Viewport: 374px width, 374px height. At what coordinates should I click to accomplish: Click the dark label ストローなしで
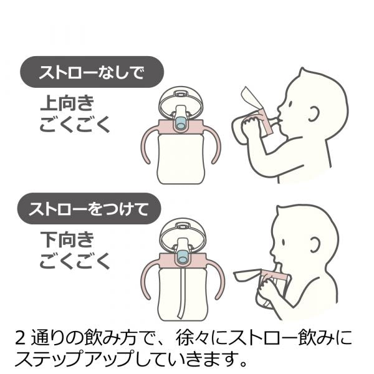pos(92,72)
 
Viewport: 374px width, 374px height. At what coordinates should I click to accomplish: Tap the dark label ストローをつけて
pos(89,208)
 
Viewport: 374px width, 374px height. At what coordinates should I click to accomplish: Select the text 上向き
pos(67,103)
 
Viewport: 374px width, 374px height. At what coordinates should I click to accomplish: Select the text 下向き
pos(67,239)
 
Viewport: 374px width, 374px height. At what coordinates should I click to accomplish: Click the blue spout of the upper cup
pos(180,123)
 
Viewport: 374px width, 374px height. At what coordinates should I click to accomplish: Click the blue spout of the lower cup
pos(183,257)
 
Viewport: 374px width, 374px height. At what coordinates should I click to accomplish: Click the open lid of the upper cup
pos(181,100)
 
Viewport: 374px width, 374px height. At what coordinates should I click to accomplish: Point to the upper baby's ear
pos(314,113)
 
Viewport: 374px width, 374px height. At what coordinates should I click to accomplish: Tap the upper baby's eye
pos(290,104)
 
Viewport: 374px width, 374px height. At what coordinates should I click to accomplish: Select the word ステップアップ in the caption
pos(74,358)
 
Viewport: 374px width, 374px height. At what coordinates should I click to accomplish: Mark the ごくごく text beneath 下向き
pos(74,261)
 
